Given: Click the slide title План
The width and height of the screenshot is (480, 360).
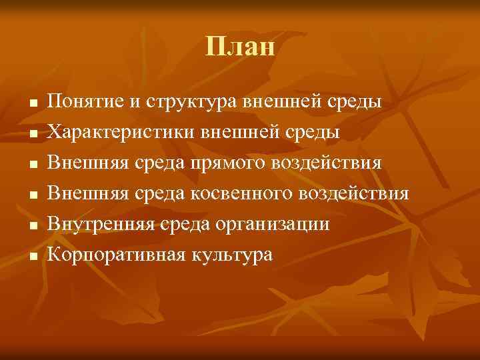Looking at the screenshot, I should click(240, 47).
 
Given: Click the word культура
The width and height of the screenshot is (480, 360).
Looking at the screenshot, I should click(232, 255).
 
